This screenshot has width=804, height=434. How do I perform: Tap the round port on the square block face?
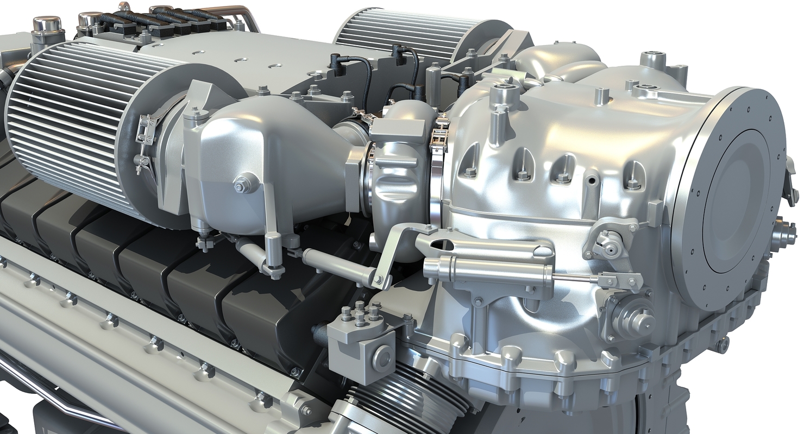[x=382, y=357]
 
